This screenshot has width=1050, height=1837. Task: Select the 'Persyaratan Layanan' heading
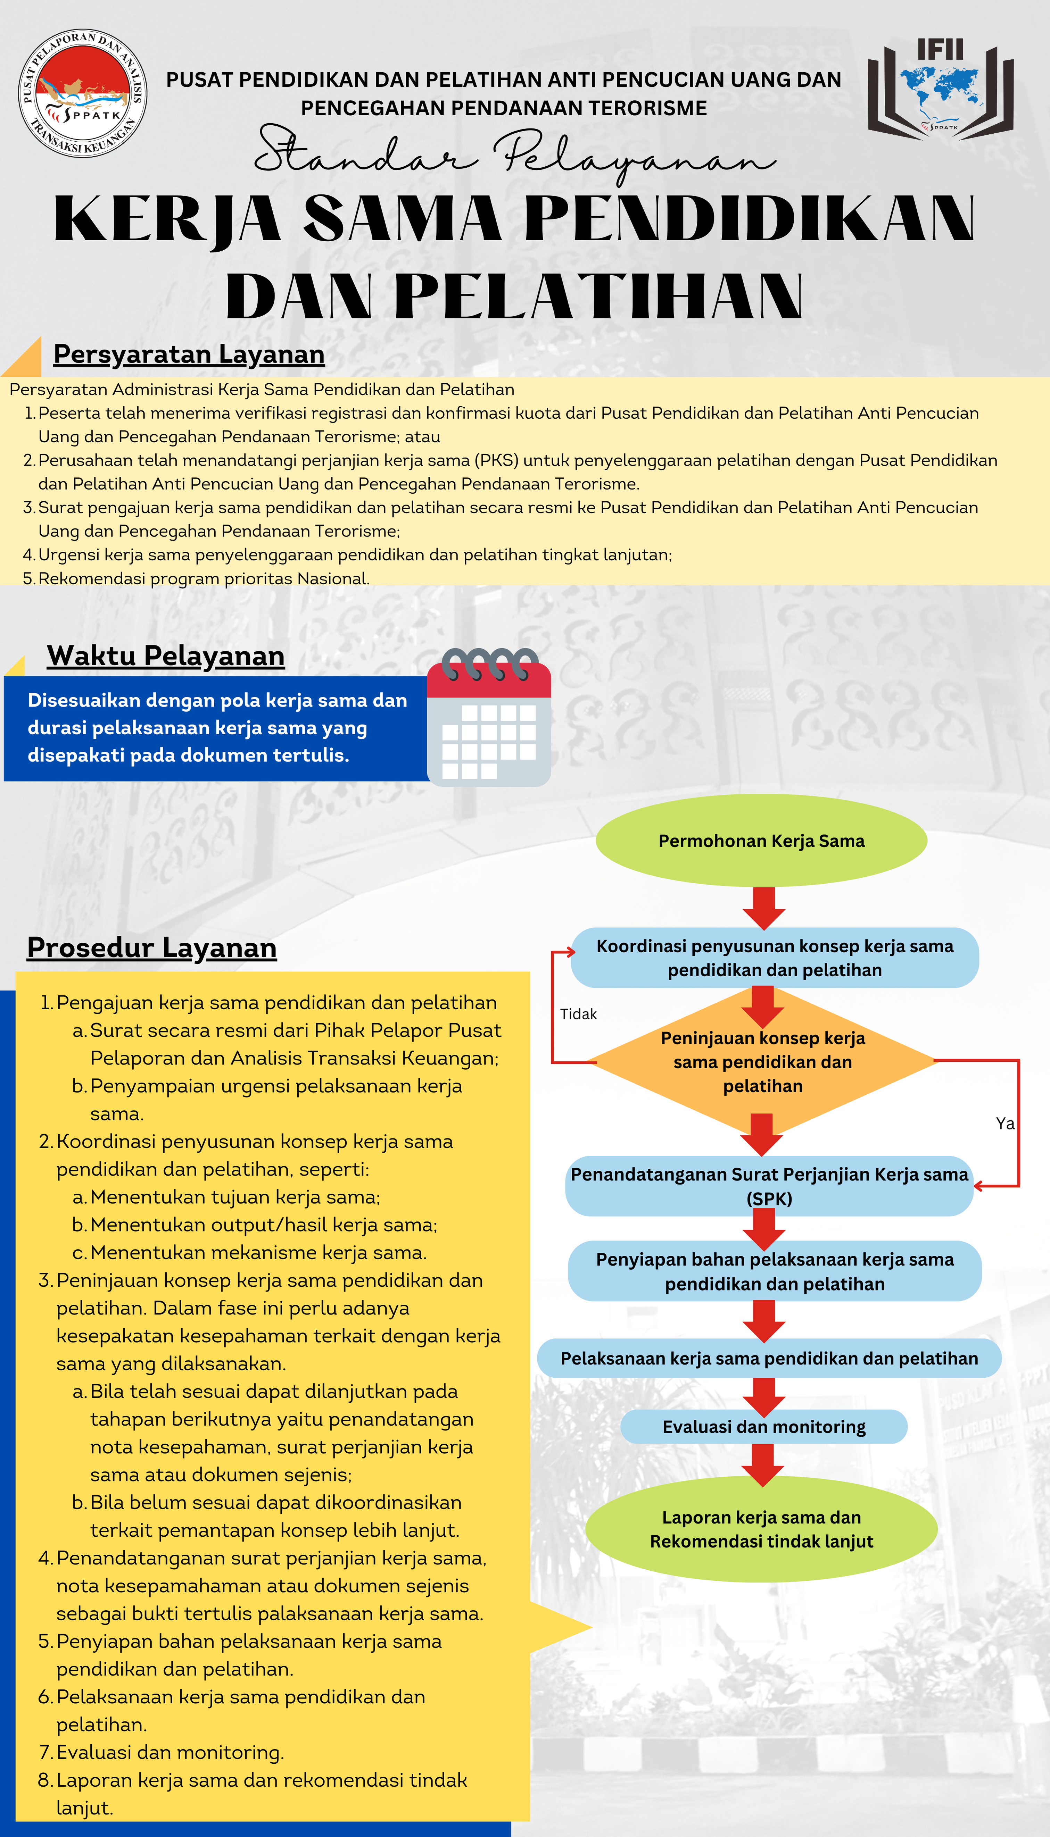189,354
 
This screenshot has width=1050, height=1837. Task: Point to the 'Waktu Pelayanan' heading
166,656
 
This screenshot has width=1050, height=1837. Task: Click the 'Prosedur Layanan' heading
151,948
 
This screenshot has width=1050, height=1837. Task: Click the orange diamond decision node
762,1062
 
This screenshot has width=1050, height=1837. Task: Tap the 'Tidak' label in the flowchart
578,1014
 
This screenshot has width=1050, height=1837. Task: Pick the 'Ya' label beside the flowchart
1004,1123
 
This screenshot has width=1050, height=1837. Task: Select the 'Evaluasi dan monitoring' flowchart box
764,1426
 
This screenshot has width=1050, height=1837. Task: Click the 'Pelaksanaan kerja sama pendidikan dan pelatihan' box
769,1358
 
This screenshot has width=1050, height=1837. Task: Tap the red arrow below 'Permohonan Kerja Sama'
764,908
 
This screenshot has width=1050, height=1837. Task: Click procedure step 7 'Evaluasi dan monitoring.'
170,1752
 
